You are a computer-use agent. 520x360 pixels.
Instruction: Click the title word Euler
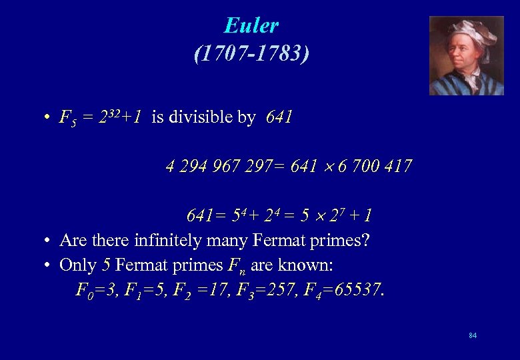tap(251, 25)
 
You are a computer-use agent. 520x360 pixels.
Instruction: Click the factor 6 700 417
tap(375, 166)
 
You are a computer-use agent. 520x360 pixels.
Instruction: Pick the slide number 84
tap(473, 335)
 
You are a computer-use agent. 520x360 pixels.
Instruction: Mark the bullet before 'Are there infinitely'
tap(49, 241)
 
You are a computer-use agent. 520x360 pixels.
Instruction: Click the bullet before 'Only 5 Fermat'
tap(49, 265)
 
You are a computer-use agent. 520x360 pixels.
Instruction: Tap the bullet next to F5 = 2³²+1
tap(49, 119)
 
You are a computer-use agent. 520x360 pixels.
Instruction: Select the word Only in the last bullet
tap(77, 265)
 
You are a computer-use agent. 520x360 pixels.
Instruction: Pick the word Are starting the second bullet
tap(71, 240)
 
